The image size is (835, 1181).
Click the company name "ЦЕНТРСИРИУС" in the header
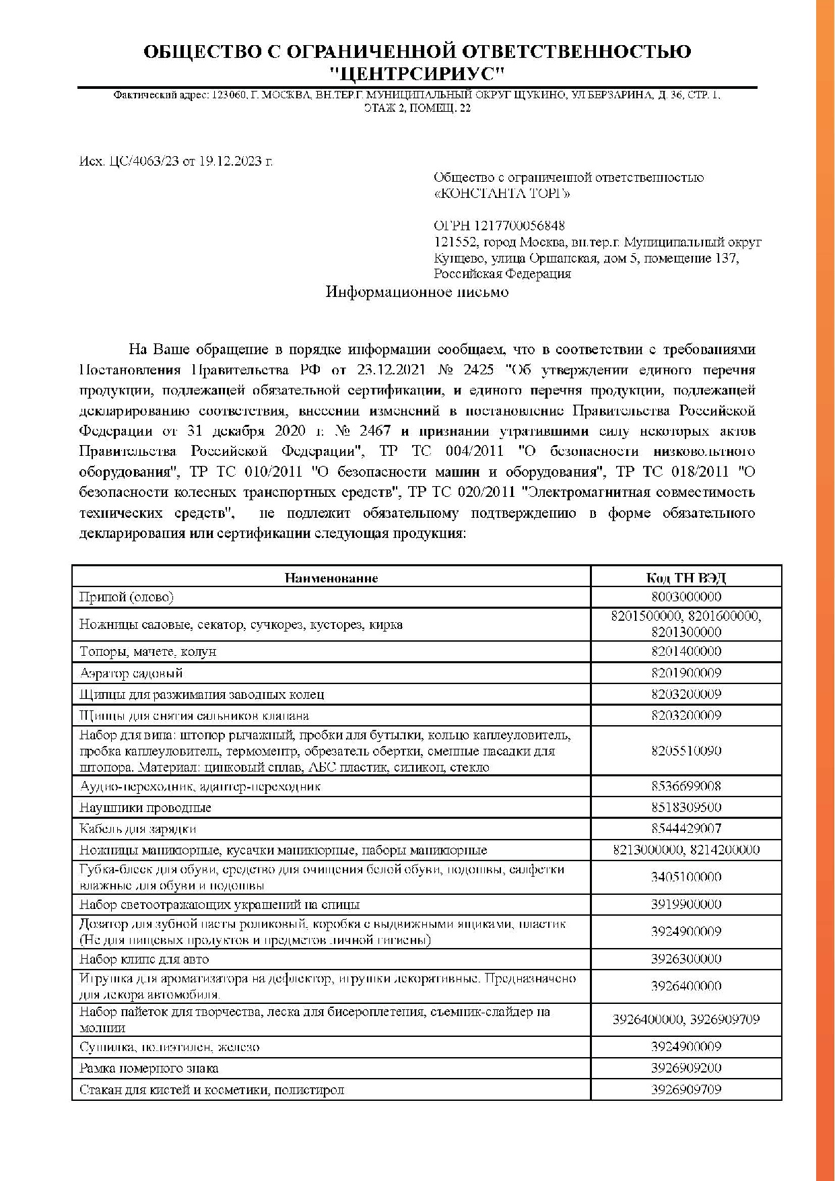point(417,73)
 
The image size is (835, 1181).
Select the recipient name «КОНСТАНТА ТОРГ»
point(502,194)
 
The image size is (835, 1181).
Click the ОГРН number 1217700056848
point(519,226)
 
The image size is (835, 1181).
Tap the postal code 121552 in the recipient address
point(455,242)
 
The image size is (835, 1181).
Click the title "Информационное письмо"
point(417,292)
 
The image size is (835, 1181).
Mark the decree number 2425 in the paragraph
point(479,370)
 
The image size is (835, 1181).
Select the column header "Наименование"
point(331,578)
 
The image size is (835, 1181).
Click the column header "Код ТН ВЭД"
point(686,578)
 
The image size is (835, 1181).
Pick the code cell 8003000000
point(686,597)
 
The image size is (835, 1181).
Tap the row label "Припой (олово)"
point(126,597)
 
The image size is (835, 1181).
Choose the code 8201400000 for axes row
point(686,652)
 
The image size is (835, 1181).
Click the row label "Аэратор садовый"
point(131,673)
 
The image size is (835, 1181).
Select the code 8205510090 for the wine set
point(686,751)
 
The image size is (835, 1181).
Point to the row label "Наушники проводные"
point(145,807)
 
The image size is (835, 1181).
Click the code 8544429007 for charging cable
point(686,829)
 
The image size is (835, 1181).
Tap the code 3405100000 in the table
point(686,877)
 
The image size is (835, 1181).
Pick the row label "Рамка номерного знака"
point(148,1069)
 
